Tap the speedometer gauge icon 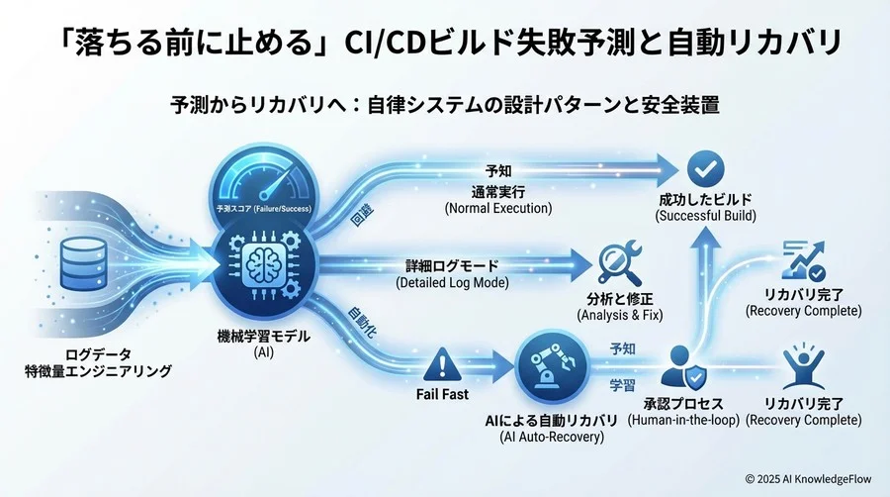pos(260,176)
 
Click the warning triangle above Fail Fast pos(436,366)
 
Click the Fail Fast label pos(436,393)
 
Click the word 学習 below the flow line pos(623,383)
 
